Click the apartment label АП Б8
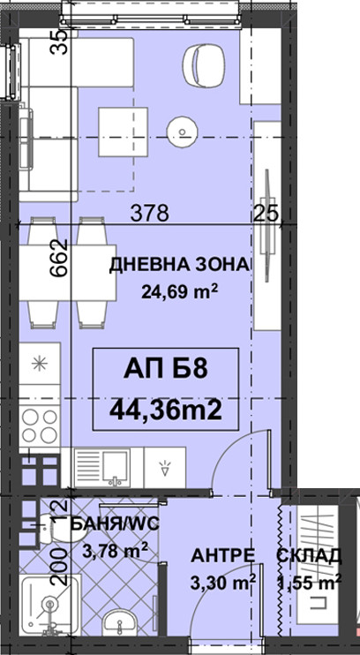pos(165,370)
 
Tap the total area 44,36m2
pos(165,410)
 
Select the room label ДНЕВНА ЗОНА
pos(181,266)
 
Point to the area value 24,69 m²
pos(180,291)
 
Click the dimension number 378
pos(150,214)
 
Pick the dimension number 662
pos(59,258)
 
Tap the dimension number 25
pos(266,215)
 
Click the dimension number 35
pos(59,41)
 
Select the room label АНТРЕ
pos(222,556)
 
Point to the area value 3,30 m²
pos(222,582)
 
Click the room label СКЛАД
pos(310,556)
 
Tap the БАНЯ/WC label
pos(114,523)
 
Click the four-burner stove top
pos(40,425)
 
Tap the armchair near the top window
pos(204,64)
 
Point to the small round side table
pos(182,132)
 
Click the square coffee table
pos(124,132)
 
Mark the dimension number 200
pos(59,566)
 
